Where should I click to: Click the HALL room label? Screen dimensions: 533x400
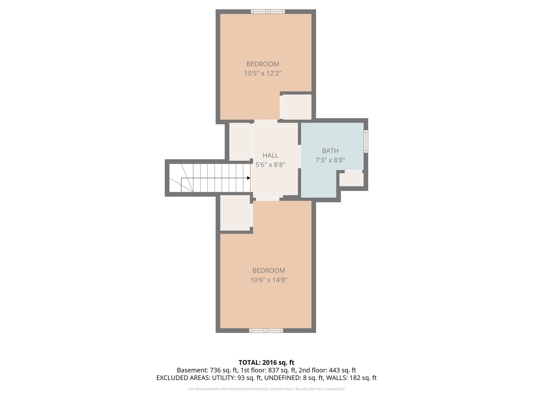click(x=270, y=156)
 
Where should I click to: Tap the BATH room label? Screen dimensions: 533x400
click(x=330, y=151)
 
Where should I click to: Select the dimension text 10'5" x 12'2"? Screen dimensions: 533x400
click(x=262, y=73)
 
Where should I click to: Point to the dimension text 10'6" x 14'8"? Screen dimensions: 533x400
click(x=269, y=280)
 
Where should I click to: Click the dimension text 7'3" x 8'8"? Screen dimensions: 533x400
click(x=330, y=160)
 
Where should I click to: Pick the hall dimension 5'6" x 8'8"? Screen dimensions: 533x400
click(x=270, y=165)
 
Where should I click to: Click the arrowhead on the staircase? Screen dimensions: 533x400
click(x=249, y=178)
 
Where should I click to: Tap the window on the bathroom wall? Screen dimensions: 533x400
click(x=366, y=141)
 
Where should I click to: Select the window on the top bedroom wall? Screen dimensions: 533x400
click(x=268, y=11)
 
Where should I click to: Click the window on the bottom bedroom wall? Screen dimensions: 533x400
click(x=266, y=330)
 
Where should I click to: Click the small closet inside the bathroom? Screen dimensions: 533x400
click(x=351, y=180)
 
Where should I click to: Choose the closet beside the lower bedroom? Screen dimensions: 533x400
click(x=235, y=213)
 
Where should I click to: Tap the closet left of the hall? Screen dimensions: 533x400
click(x=239, y=141)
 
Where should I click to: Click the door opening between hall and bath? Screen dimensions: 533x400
click(x=299, y=157)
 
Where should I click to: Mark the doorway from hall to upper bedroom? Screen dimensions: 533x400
click(x=266, y=121)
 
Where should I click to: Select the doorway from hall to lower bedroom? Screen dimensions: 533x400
click(x=268, y=199)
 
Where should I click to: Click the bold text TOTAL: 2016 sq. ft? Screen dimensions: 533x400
click(x=266, y=363)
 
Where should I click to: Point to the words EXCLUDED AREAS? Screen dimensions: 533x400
click(x=183, y=378)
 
